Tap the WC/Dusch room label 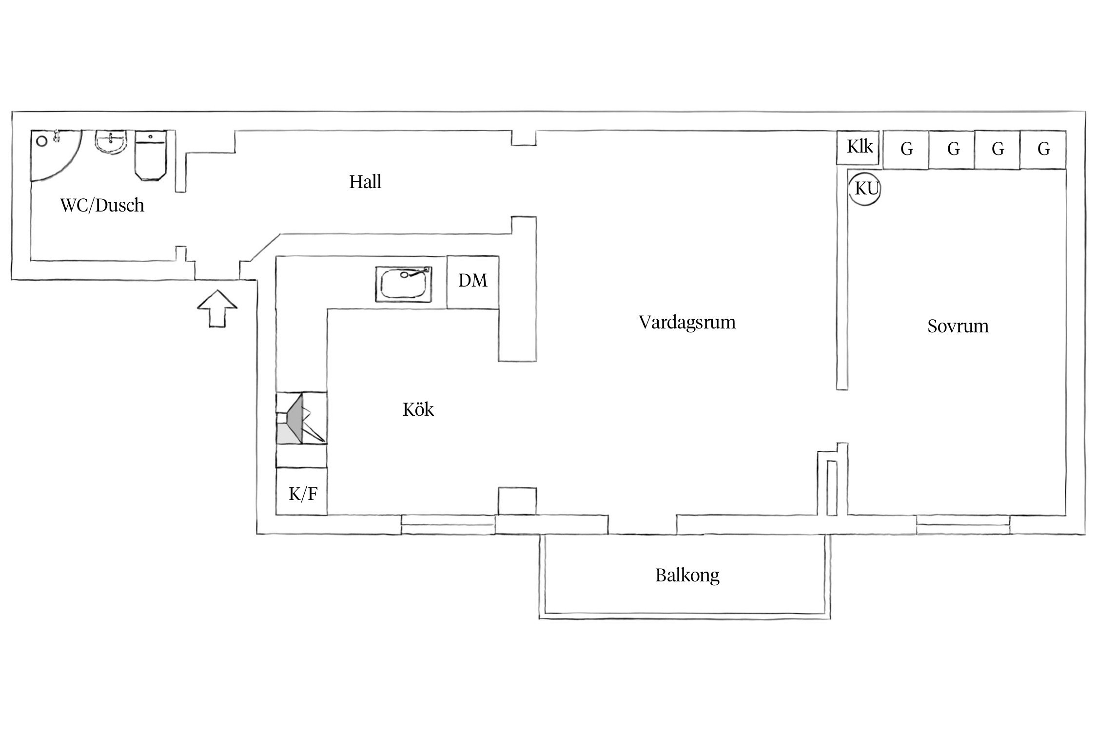point(102,205)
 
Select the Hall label point(365,182)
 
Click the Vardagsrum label point(686,322)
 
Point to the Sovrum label point(958,326)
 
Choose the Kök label point(418,409)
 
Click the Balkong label point(687,576)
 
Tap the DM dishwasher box point(472,281)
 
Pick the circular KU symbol point(866,188)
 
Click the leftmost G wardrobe point(906,149)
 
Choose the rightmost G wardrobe point(1043,149)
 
